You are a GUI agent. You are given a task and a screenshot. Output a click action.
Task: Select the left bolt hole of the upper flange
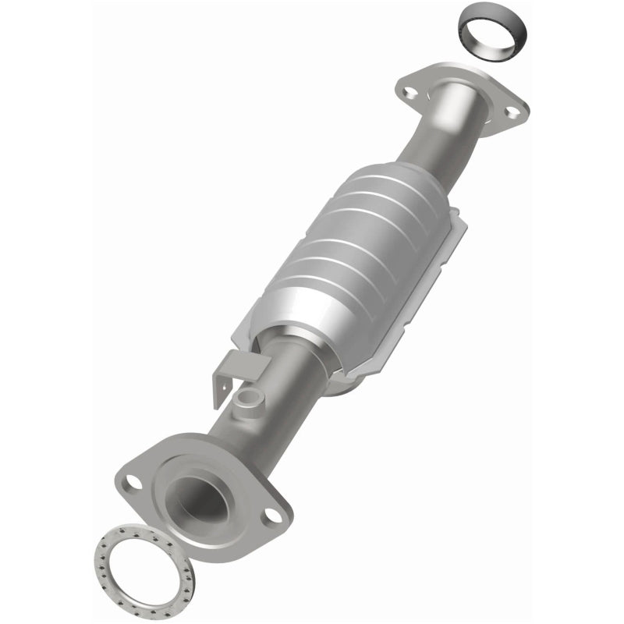(x=409, y=92)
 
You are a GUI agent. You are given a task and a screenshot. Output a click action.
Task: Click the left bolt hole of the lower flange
(x=133, y=482)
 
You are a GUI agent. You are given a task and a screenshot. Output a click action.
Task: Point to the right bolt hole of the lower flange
(x=271, y=515)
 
